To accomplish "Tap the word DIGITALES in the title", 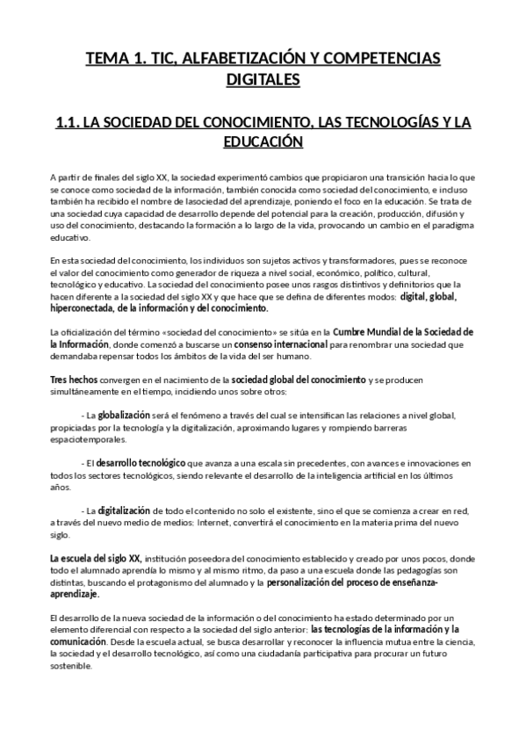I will pyautogui.click(x=263, y=80).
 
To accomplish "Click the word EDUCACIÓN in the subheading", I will pyautogui.click(x=263, y=141).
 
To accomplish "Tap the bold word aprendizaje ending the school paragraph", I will pyautogui.click(x=75, y=594).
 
